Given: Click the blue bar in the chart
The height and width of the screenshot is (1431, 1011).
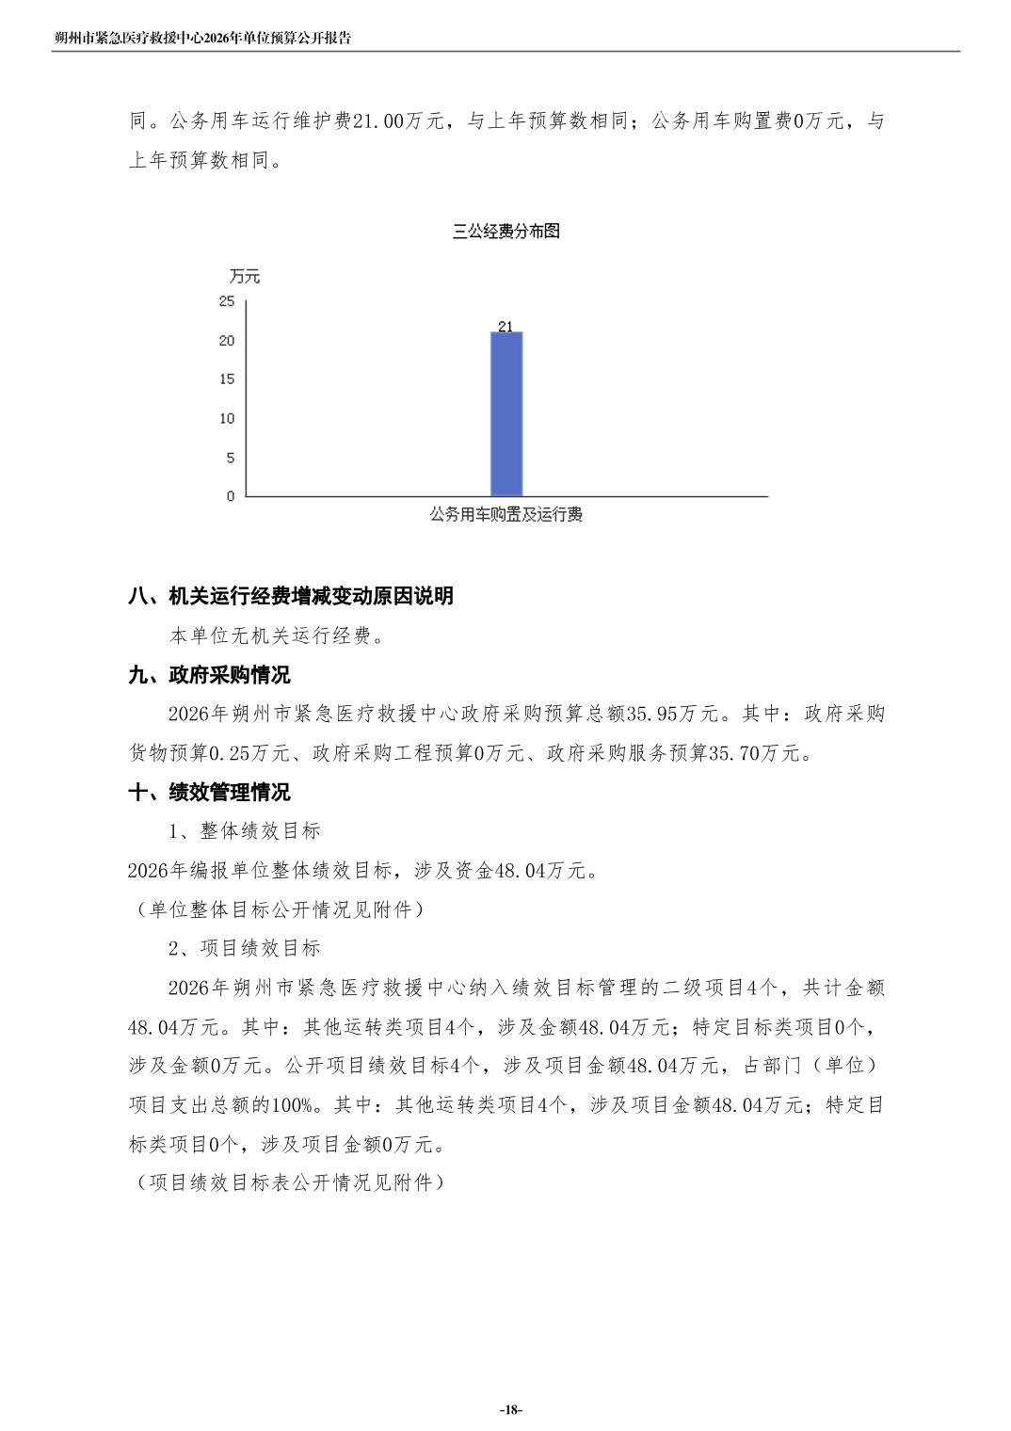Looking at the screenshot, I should tap(506, 414).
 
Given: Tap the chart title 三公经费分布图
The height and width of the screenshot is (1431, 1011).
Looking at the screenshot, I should tap(506, 232).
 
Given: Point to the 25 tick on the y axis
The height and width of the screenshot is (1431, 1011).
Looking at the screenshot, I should tap(227, 301).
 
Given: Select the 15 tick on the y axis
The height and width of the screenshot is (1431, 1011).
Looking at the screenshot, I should tap(227, 379).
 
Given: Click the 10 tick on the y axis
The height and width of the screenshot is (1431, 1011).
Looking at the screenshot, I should tap(227, 419).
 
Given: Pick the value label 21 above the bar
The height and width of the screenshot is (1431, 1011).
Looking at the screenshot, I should tap(505, 327).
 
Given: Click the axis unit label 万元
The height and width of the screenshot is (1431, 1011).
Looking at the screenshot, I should tap(245, 276).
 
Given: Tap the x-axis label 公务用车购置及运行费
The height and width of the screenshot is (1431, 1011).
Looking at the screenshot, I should tap(506, 515).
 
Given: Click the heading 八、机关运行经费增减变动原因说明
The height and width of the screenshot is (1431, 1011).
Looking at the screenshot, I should tap(291, 596).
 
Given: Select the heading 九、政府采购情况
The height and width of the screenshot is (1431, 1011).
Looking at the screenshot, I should tap(210, 675).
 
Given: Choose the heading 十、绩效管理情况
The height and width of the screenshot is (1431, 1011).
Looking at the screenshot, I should tap(210, 793).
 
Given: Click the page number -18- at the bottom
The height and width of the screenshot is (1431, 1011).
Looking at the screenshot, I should tap(510, 1409).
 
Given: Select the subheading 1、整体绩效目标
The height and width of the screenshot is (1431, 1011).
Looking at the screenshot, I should tap(245, 831).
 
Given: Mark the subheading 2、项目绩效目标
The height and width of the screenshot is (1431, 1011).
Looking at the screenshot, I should tap(245, 948).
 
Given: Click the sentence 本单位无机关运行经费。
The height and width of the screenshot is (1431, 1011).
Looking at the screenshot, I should tap(278, 635).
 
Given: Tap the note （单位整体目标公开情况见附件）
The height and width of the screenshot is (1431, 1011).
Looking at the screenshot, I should tap(277, 909).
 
